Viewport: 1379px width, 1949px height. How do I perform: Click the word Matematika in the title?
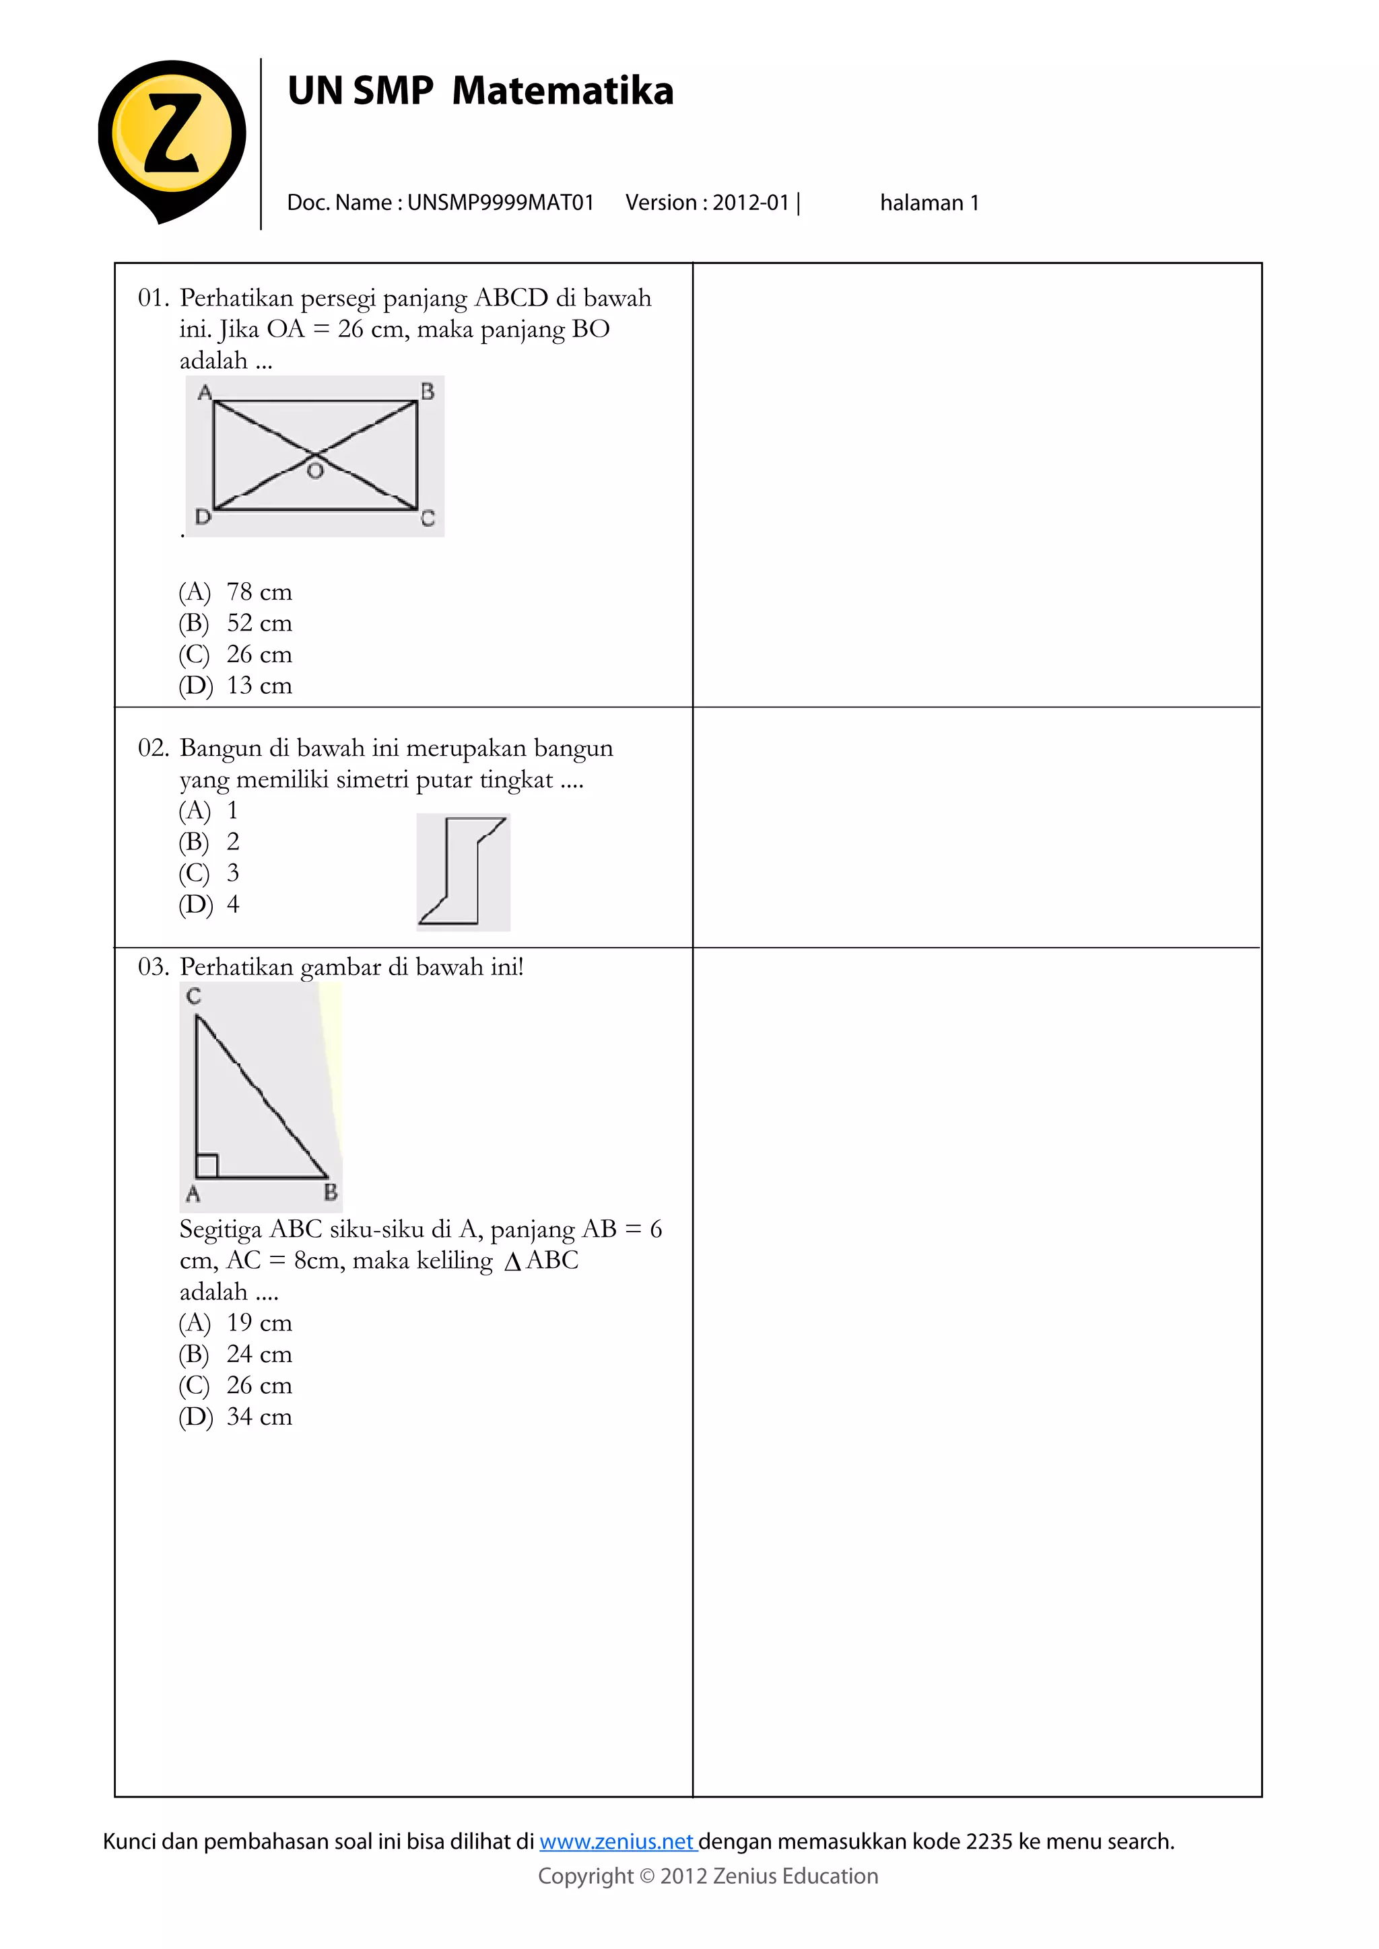[x=562, y=91]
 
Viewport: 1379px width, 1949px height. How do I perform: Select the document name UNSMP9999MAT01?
[x=500, y=203]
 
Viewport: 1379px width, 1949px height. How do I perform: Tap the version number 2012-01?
[x=751, y=203]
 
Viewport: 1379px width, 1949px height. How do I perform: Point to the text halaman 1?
[x=929, y=203]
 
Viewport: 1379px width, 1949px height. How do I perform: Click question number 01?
[x=153, y=298]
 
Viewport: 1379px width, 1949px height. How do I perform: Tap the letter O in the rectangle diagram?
[x=315, y=471]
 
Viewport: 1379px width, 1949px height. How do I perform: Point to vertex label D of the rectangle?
[x=202, y=516]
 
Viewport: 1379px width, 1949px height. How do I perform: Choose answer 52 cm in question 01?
[x=259, y=623]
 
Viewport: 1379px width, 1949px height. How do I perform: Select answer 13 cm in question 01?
[x=259, y=686]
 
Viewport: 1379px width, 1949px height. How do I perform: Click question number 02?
[x=153, y=748]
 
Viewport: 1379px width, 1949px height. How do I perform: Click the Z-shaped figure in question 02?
[x=464, y=871]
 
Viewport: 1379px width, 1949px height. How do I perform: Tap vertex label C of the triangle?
[x=194, y=996]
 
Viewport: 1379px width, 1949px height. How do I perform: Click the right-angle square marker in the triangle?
[x=207, y=1166]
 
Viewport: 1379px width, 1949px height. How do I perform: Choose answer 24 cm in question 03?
[x=259, y=1354]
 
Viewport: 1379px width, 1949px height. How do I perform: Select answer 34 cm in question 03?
[x=259, y=1417]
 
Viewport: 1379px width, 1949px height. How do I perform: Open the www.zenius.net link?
[x=617, y=1841]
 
